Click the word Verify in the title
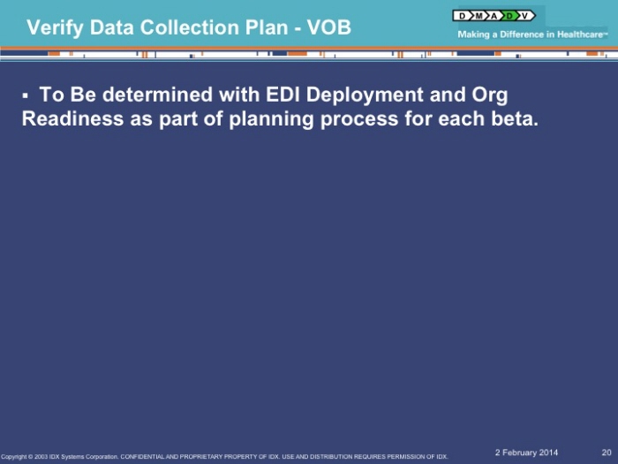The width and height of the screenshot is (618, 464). pos(55,28)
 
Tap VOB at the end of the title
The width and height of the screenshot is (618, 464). pos(328,27)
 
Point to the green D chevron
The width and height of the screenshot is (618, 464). pos(509,16)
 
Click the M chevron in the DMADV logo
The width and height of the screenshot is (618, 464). pos(479,16)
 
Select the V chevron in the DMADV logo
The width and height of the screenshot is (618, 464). pos(526,16)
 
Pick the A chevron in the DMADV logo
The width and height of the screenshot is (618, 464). pos(494,16)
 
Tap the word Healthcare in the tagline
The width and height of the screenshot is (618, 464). pos(580,34)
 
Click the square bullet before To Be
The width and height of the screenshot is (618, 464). pos(26,95)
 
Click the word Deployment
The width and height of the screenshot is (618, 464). pos(365,96)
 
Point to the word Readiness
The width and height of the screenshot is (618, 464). pos(73,118)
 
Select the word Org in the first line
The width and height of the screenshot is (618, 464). pos(489,96)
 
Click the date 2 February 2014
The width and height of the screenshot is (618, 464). pos(526,453)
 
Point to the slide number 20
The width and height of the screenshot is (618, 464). pos(607,453)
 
